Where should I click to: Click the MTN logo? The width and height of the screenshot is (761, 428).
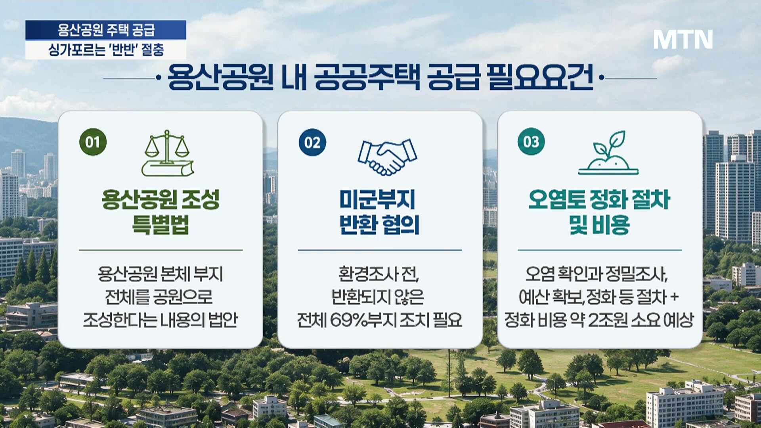683,39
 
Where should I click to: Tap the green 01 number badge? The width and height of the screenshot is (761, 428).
93,142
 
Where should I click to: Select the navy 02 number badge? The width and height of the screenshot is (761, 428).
312,142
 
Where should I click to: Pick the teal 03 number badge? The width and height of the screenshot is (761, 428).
531,141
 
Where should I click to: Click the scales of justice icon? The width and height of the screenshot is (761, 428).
168,153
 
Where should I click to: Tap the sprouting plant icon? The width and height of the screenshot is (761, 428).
608,153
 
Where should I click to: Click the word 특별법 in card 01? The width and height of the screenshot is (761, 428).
161,225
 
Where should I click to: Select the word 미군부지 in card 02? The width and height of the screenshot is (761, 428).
377,199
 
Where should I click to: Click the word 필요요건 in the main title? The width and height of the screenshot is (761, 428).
540,76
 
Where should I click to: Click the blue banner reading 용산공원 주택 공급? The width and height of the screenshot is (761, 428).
106,30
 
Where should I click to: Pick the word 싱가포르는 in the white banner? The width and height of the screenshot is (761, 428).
76,50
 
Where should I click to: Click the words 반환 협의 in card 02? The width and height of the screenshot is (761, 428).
379,225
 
